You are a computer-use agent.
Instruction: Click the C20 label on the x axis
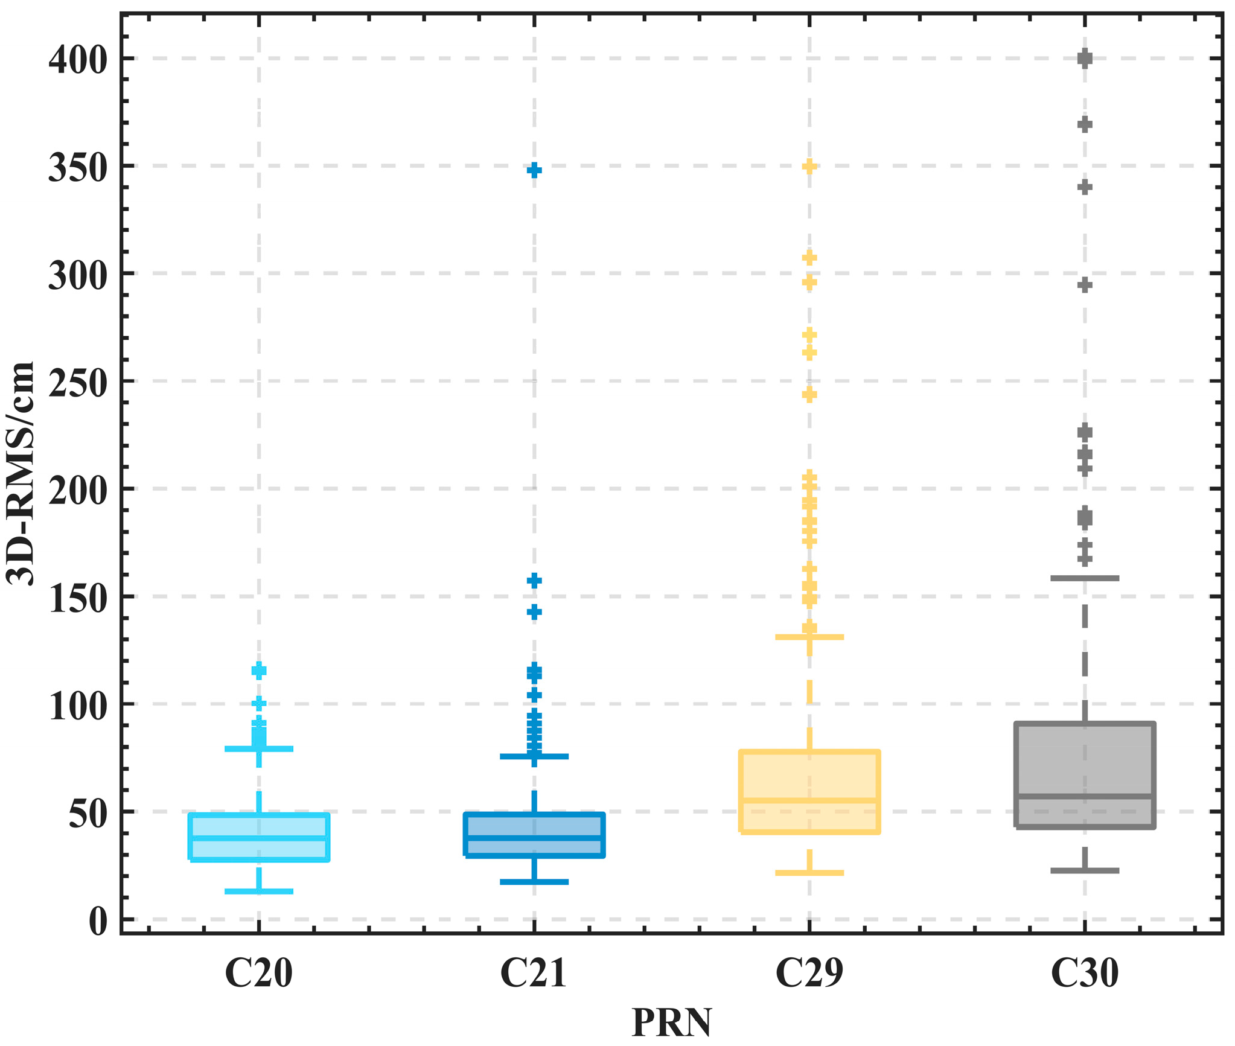(258, 974)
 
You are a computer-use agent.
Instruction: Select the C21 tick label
(534, 974)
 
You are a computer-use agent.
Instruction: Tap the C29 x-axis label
(809, 974)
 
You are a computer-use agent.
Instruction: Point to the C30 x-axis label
(1084, 974)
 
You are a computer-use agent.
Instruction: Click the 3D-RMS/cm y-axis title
(21, 473)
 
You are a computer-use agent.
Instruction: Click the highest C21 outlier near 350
(534, 170)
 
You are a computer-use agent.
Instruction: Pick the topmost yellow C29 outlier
(809, 167)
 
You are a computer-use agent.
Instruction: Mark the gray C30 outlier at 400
(1085, 59)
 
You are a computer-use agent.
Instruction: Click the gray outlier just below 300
(1085, 285)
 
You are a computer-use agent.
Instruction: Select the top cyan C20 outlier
(259, 671)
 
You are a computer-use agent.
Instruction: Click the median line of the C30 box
(1085, 796)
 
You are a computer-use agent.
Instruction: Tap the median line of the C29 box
(809, 800)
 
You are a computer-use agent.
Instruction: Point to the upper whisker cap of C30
(1085, 578)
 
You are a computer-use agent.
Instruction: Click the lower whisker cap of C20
(259, 891)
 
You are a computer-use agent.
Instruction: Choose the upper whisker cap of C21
(534, 756)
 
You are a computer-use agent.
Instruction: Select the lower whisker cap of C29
(809, 873)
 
